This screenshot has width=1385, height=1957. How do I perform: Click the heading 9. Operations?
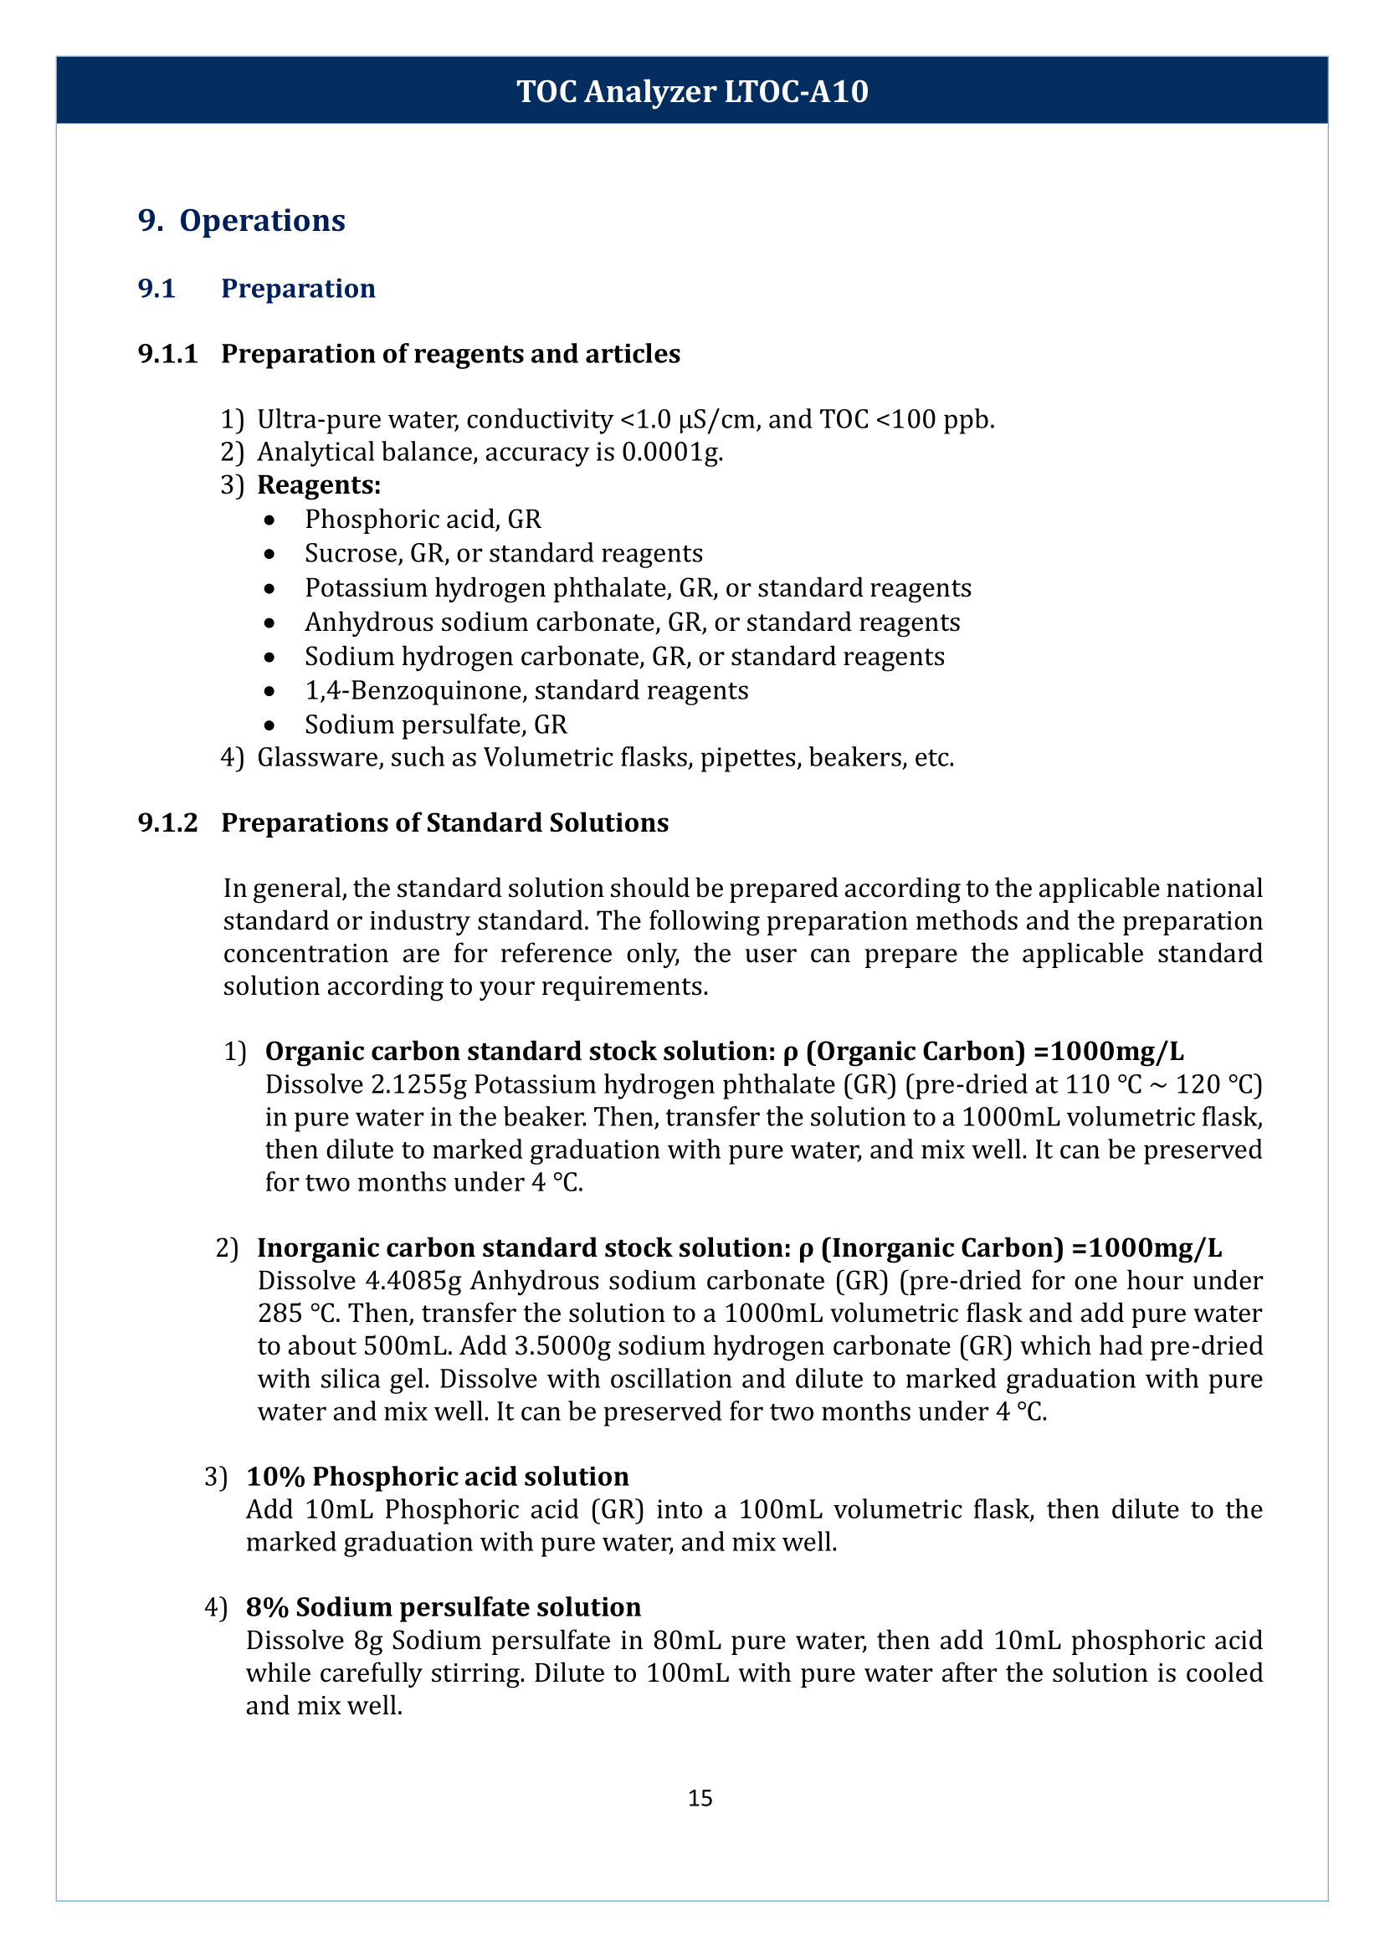(241, 220)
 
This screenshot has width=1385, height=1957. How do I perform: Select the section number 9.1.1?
(167, 354)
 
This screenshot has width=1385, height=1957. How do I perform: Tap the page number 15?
(700, 1797)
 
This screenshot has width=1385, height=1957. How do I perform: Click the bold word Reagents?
(319, 485)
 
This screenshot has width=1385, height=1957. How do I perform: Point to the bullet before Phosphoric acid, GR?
(269, 520)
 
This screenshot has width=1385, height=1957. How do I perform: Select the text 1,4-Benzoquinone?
(412, 690)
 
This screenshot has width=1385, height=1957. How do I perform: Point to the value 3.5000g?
(562, 1345)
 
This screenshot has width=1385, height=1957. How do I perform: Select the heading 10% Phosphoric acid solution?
(437, 1477)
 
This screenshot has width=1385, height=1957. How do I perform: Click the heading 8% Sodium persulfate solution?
(443, 1607)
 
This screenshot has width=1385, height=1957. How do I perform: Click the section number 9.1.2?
(167, 823)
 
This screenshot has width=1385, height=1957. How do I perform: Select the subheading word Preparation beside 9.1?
(298, 288)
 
